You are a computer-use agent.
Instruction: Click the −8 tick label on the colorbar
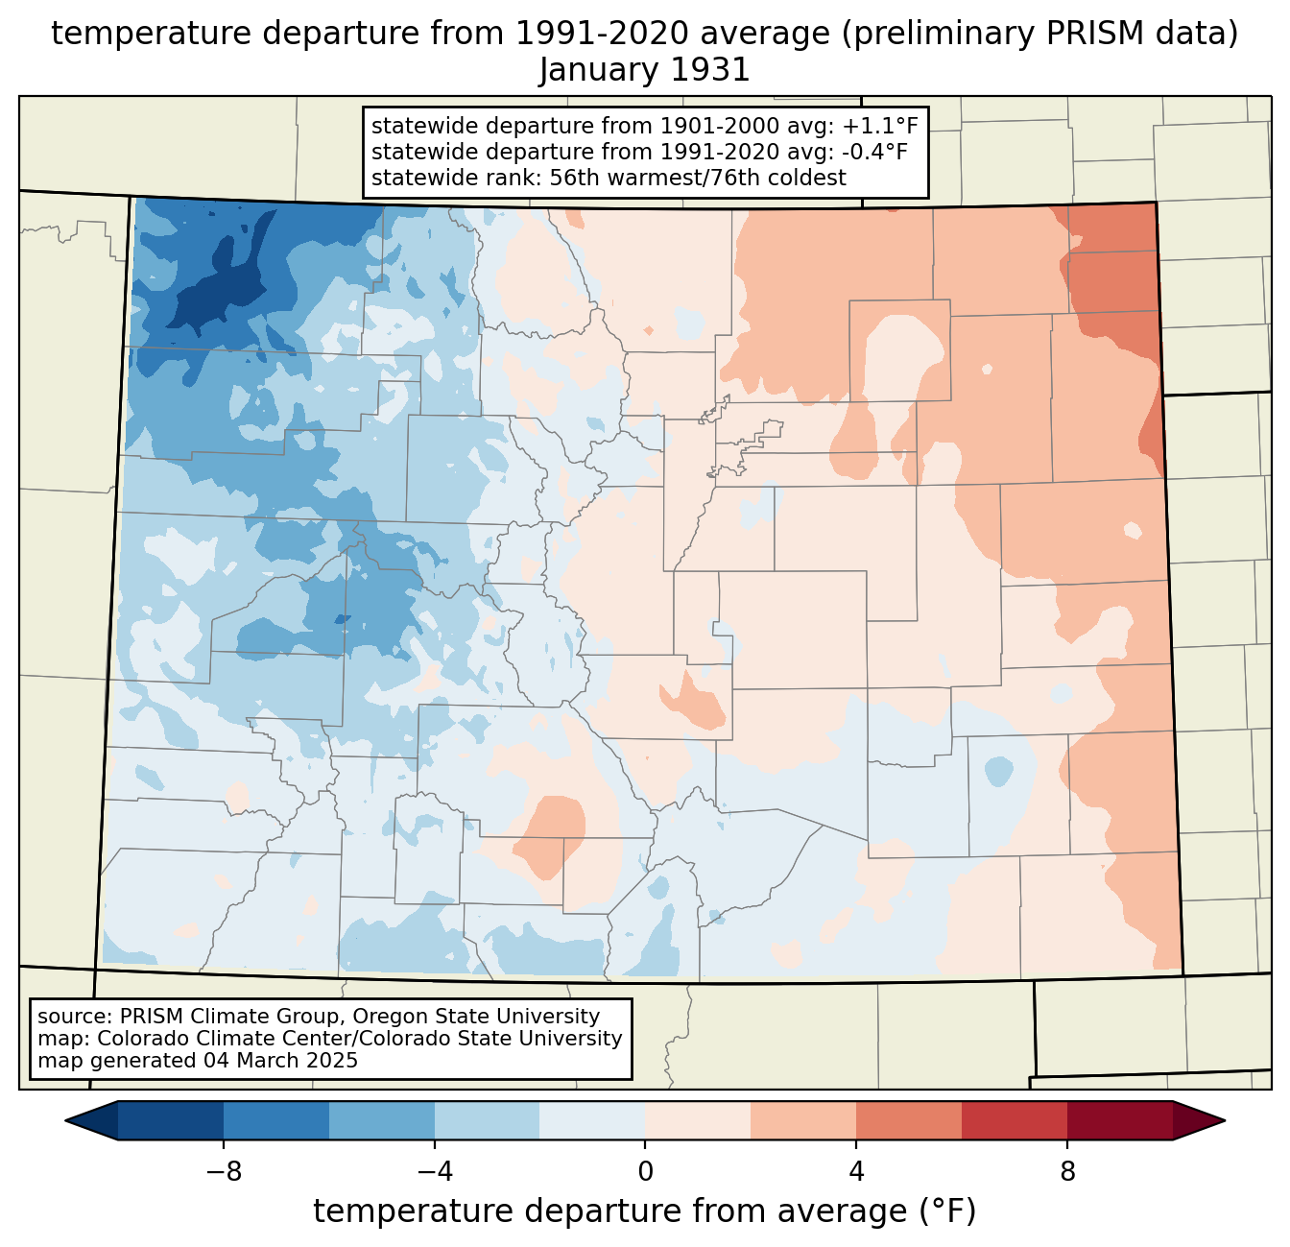coord(224,1172)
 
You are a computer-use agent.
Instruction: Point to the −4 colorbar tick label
coord(435,1172)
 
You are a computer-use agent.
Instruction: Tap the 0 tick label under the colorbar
coord(645,1172)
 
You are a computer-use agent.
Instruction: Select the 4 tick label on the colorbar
coord(856,1172)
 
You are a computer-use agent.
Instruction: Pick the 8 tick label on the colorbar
coord(1067,1172)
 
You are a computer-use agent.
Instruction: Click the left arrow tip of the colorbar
coord(65,1121)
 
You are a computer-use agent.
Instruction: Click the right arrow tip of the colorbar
coord(1225,1121)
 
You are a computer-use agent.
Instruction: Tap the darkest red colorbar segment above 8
coord(1120,1121)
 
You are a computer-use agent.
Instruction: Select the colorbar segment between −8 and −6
coord(275,1121)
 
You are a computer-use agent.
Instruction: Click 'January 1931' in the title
coord(644,70)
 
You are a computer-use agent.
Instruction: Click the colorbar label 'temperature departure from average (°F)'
coord(644,1211)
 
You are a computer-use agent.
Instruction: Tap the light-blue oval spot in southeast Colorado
coord(999,771)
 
